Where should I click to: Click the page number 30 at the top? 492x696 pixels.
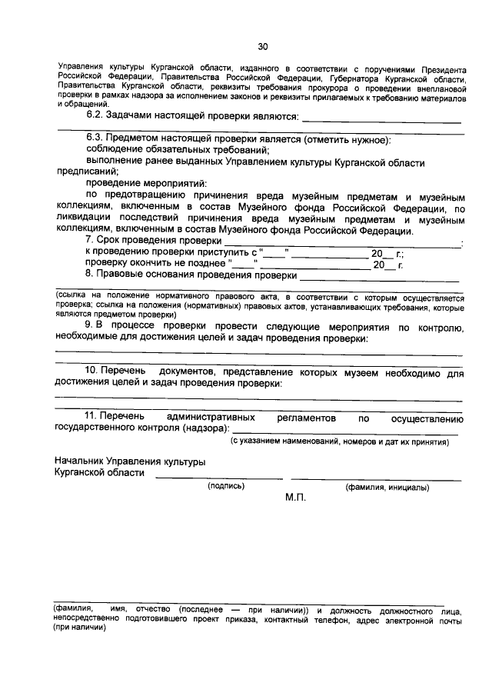261,46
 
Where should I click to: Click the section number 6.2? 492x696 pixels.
95,115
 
